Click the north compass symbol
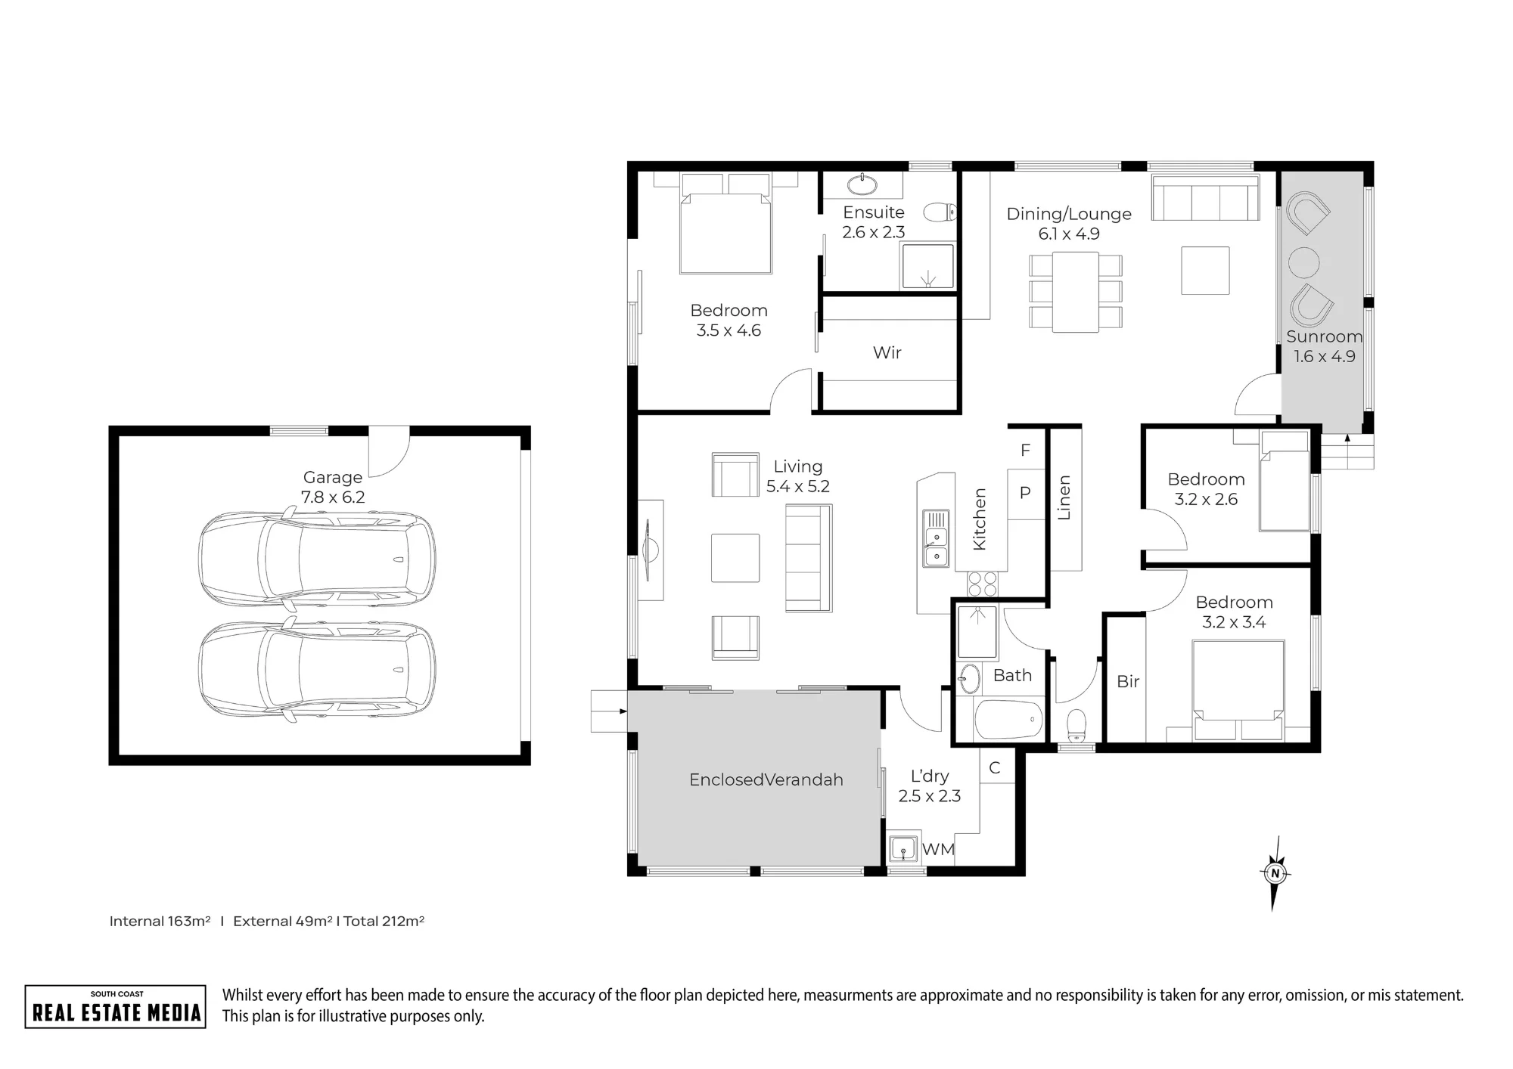pos(1275,873)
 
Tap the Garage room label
pos(333,477)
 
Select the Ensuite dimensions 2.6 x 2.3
pos(874,232)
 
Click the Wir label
pos(887,352)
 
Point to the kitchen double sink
pos(936,538)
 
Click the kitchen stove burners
pos(983,584)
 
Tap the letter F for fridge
pos(1026,451)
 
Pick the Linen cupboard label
pos(1064,497)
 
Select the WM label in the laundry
pos(939,850)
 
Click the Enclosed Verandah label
pos(766,779)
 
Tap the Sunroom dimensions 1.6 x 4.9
pos(1325,356)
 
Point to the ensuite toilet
pos(940,212)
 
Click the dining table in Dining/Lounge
pos(1076,292)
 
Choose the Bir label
pos(1128,681)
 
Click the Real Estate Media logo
pos(116,1006)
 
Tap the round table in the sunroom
pos(1304,262)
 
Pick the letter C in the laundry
pos(995,768)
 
